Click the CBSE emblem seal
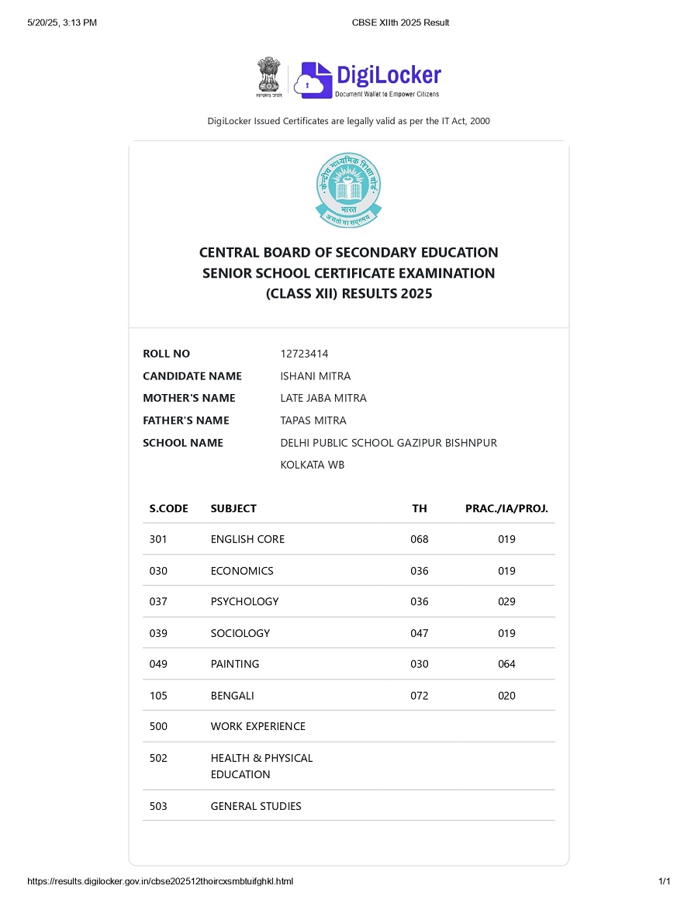pos(348,190)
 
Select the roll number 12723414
pos(304,354)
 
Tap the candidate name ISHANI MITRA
pos(315,376)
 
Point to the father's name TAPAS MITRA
pos(313,420)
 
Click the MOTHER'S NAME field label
pos(188,398)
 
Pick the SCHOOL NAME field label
pos(183,443)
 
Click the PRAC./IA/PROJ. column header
pos(506,509)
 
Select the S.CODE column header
pos(168,509)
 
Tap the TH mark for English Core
pos(419,539)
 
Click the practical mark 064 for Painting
pos(506,664)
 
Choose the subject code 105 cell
pos(158,696)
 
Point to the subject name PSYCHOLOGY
pos(244,601)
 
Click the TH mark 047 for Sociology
pos(419,633)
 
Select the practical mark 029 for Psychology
pos(506,601)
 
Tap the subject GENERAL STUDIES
pos(256,806)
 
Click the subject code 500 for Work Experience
pos(158,726)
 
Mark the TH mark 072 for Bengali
pos(419,696)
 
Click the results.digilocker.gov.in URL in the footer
pos(160,881)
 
